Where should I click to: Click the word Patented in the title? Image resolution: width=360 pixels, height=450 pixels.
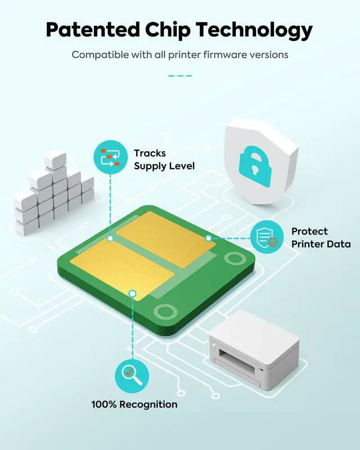click(x=93, y=30)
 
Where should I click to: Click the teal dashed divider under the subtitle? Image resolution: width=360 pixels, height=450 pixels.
click(x=180, y=76)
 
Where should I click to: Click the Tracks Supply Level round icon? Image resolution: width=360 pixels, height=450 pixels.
click(x=110, y=157)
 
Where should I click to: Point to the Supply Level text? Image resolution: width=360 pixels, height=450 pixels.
click(x=164, y=166)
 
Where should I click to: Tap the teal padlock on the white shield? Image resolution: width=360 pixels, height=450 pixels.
click(x=255, y=166)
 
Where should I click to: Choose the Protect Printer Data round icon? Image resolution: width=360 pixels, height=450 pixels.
click(x=267, y=237)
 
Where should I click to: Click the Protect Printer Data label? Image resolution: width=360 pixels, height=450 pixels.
click(x=321, y=237)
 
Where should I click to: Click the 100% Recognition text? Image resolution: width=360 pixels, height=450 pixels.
click(x=134, y=404)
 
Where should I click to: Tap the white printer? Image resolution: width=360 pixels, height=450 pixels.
click(x=254, y=350)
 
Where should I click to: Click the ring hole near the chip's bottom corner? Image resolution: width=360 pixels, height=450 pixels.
click(x=165, y=312)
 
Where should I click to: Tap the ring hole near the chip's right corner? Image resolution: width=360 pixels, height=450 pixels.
click(x=235, y=258)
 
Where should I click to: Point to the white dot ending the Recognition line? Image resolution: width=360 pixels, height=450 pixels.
click(x=132, y=293)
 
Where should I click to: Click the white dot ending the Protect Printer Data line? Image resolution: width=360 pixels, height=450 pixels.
click(x=209, y=238)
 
